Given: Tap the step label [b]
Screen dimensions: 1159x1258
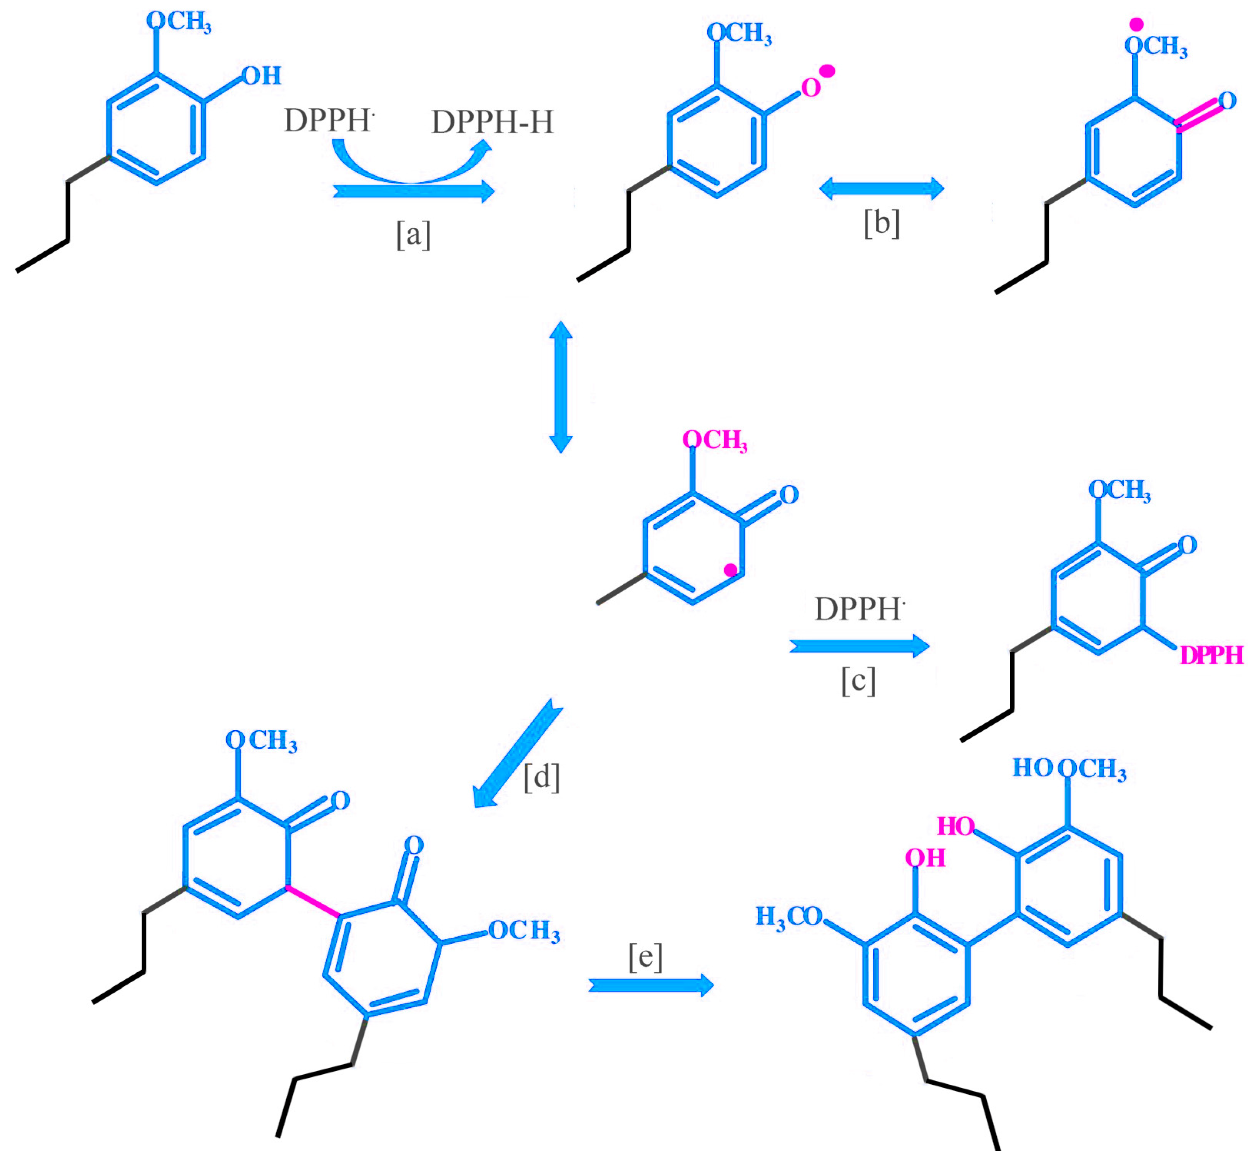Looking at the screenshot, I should coord(881,222).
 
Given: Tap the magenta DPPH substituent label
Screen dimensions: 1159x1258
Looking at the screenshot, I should coord(1211,656).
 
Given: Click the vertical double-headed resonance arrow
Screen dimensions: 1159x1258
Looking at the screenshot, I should coord(561,387).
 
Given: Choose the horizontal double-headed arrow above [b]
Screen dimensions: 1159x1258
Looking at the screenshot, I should coord(881,188).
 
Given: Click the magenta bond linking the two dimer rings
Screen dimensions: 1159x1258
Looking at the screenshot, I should coord(314,902).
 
